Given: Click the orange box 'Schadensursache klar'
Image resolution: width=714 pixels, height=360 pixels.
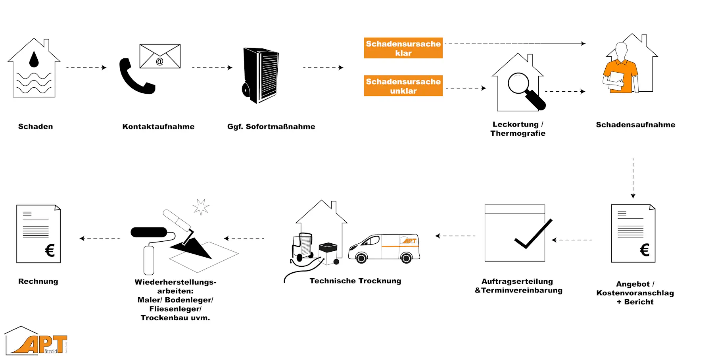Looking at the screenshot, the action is [403, 48].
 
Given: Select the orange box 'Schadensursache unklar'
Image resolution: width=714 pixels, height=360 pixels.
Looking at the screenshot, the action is [403, 86].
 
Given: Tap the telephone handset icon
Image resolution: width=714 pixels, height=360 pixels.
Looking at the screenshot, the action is [135, 77].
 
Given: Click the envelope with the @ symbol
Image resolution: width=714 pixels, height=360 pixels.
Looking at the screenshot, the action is [160, 56].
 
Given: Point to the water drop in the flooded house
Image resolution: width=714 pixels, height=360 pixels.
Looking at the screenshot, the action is [34, 59].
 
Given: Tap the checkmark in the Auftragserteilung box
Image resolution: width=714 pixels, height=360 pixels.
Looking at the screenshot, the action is [533, 234].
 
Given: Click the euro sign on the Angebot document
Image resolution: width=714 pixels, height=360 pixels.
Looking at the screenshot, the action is [645, 250].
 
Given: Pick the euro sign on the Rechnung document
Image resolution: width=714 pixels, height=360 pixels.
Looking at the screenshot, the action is [50, 250].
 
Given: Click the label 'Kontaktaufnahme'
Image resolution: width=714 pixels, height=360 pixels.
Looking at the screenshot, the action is [158, 127].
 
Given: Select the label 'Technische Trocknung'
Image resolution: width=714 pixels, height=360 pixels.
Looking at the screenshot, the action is [355, 281].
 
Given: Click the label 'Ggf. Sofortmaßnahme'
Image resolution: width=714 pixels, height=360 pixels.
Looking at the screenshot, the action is [271, 127].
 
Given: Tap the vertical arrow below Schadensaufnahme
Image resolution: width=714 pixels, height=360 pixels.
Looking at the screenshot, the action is [633, 178].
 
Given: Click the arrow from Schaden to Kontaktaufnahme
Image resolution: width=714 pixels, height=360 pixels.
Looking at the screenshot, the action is [86, 67].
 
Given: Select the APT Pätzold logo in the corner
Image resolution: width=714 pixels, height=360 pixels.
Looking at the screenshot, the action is [36, 341].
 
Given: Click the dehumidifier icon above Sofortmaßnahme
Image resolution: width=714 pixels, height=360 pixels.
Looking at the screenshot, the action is [261, 75].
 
